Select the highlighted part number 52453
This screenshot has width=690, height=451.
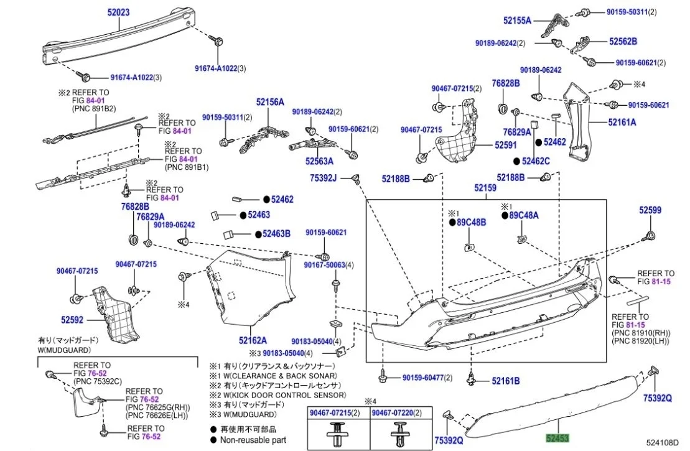click(x=557, y=439)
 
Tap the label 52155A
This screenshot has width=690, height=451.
click(x=517, y=21)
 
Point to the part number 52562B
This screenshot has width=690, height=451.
click(x=623, y=42)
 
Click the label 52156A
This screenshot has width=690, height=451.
click(x=269, y=102)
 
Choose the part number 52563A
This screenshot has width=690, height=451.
click(x=319, y=160)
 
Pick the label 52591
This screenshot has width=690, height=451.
click(x=506, y=144)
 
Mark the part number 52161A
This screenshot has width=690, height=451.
click(x=622, y=123)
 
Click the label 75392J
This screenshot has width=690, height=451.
click(x=323, y=179)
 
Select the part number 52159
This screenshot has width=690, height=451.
click(x=485, y=187)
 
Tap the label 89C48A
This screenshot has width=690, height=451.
click(x=524, y=216)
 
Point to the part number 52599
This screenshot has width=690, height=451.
click(x=650, y=211)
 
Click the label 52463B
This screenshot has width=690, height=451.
click(x=276, y=235)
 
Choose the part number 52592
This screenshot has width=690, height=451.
click(x=72, y=320)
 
